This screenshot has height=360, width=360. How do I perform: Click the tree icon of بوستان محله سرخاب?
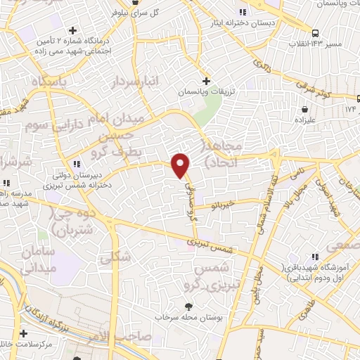(x=188, y=306)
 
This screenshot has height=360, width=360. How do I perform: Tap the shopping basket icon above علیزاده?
(x=304, y=109)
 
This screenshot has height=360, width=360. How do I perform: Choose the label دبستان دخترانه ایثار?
(x=243, y=22)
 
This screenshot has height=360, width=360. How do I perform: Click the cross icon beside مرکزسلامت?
(x=24, y=333)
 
